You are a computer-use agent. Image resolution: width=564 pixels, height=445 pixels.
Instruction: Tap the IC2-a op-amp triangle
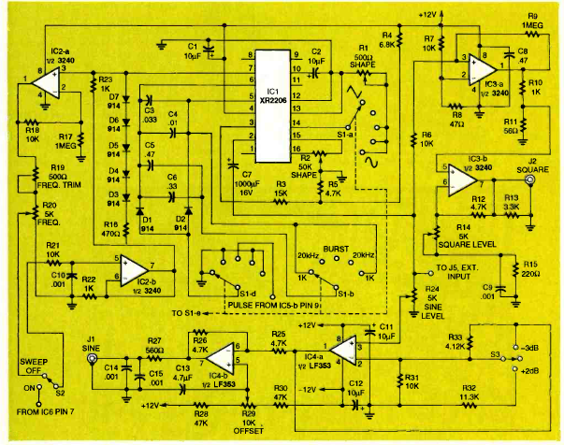click(46, 84)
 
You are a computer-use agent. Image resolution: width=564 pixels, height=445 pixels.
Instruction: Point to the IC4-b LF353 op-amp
click(222, 357)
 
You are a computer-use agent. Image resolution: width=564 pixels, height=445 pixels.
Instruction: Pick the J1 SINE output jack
click(91, 358)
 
